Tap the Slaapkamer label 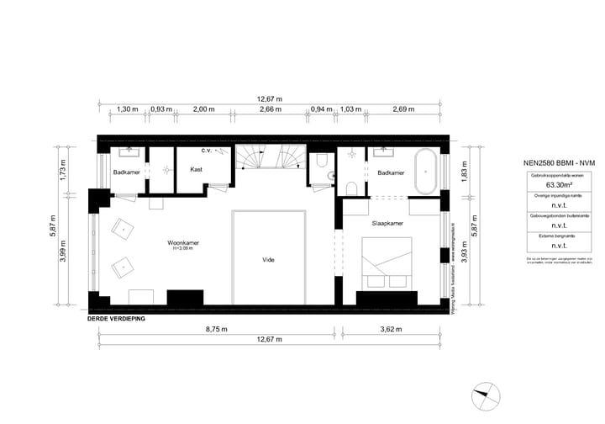click(x=387, y=225)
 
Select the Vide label click(x=269, y=261)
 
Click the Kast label click(x=196, y=170)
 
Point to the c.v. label click(x=207, y=151)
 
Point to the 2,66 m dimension click(x=271, y=109)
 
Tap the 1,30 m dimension click(x=127, y=109)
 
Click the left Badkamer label click(x=127, y=172)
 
